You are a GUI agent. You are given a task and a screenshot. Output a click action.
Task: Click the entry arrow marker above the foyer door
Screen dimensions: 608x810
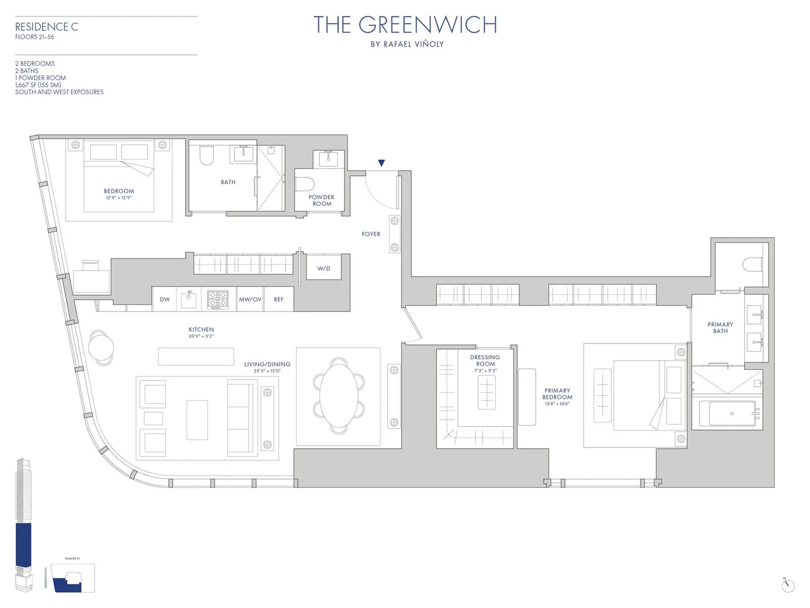[381, 163]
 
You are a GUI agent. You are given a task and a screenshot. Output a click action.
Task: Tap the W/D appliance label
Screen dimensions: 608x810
[324, 268]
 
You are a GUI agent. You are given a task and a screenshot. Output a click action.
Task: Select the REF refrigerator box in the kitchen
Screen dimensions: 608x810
[278, 299]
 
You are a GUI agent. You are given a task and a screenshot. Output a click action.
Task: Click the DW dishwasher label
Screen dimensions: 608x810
[165, 299]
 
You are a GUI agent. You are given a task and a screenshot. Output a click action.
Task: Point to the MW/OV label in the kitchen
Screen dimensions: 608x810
[250, 299]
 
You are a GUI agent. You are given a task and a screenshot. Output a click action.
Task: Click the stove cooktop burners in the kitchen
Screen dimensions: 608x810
[218, 299]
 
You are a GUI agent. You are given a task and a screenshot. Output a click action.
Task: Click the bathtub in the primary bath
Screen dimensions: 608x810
[727, 413]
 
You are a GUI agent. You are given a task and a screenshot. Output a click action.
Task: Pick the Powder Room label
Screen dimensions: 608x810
[321, 200]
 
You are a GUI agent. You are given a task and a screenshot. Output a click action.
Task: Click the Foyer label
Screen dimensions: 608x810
[371, 234]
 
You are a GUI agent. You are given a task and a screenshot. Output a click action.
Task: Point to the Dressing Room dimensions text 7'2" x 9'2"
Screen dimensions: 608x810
[486, 370]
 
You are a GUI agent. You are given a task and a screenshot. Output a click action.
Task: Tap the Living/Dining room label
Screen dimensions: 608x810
[267, 364]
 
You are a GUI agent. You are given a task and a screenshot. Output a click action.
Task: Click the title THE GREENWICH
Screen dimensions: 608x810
[405, 25]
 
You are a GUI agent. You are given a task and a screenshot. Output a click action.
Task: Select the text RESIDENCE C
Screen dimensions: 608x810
[46, 27]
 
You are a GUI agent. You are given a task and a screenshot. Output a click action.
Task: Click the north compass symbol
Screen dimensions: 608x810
[788, 585]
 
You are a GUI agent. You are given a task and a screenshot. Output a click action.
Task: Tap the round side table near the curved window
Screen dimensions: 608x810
[101, 348]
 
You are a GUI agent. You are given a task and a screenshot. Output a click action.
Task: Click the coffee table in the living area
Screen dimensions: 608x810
[197, 420]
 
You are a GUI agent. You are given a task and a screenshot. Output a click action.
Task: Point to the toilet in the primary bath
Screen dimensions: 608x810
[752, 264]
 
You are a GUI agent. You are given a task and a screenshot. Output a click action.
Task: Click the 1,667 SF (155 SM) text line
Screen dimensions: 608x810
[38, 85]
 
